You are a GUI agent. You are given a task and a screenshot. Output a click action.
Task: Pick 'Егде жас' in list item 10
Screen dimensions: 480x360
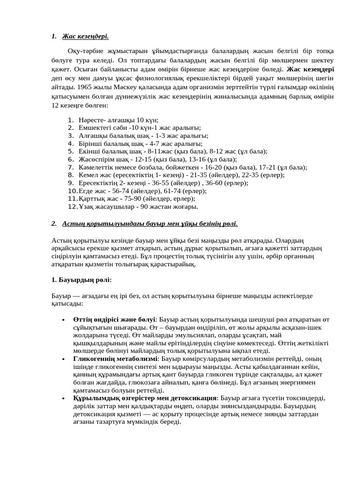click(x=91, y=190)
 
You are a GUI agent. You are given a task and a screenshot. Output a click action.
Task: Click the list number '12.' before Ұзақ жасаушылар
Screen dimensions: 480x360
click(x=72, y=206)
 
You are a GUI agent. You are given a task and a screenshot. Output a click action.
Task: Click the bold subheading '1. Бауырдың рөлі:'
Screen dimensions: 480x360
click(x=81, y=280)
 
